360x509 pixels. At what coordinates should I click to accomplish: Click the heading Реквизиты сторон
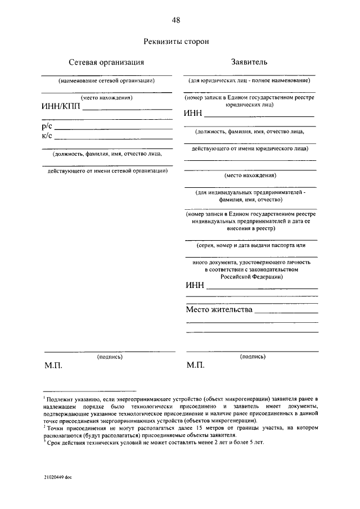[x=176, y=41]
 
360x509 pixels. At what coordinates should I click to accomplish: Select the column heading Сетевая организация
[x=106, y=62]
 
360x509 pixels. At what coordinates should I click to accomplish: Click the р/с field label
[x=47, y=127]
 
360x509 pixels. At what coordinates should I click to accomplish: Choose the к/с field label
[x=47, y=136]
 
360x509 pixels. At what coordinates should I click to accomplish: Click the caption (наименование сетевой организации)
[x=106, y=80]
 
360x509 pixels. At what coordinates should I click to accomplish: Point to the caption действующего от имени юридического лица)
[x=250, y=149]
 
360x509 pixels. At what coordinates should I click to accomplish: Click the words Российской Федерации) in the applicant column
[x=250, y=276]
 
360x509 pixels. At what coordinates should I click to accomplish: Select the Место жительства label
[x=219, y=309]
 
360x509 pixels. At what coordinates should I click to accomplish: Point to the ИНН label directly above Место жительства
[x=195, y=286]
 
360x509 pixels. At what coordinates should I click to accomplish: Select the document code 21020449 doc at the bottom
[x=57, y=477]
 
